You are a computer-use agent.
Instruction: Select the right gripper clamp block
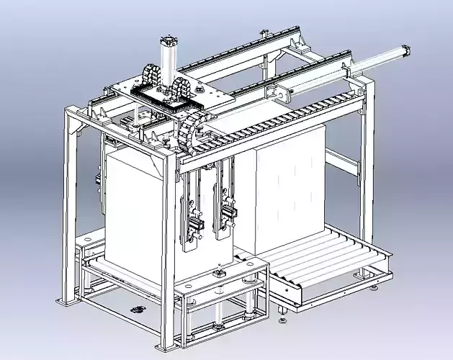click(x=228, y=213)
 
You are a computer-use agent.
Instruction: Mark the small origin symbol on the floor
click(x=138, y=309)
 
